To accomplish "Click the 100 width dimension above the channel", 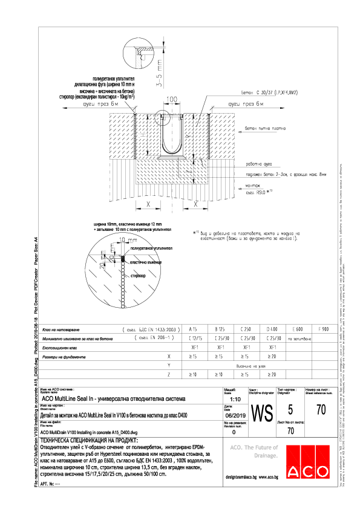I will coord(172,99).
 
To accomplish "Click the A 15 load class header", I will coord(194,329).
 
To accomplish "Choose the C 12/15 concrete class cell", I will coord(194,339).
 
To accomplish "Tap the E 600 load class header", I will coord(298,329).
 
